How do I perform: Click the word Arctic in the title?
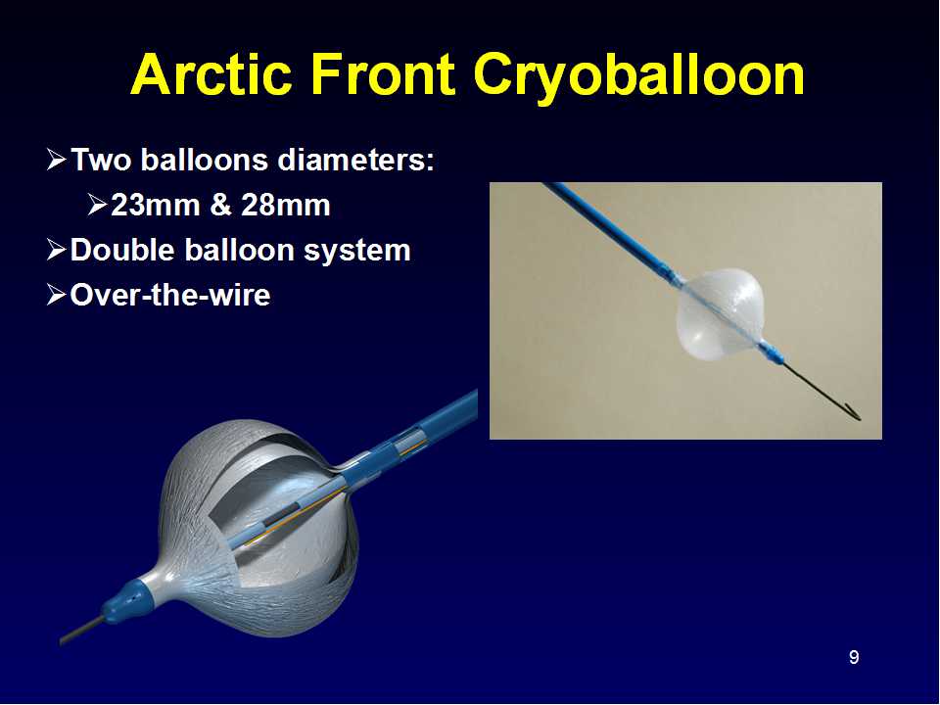pyautogui.click(x=211, y=74)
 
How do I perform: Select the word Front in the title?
pyautogui.click(x=382, y=74)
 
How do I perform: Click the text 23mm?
pyautogui.click(x=156, y=205)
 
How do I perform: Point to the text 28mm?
pyautogui.click(x=285, y=205)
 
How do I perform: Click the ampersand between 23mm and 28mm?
pyautogui.click(x=220, y=205)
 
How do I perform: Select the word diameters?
pyautogui.click(x=356, y=160)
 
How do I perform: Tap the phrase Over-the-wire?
pyautogui.click(x=170, y=295)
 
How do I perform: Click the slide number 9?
pyautogui.click(x=854, y=658)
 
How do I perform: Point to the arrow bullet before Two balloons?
pyautogui.click(x=57, y=160)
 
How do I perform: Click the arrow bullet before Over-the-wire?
pyautogui.click(x=57, y=295)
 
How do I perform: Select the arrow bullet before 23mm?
pyautogui.click(x=97, y=205)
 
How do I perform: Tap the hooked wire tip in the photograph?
pyautogui.click(x=854, y=412)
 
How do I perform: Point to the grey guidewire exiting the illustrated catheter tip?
pyautogui.click(x=82, y=632)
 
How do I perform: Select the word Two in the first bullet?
pyautogui.click(x=101, y=160)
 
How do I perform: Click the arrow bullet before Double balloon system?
pyautogui.click(x=57, y=250)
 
